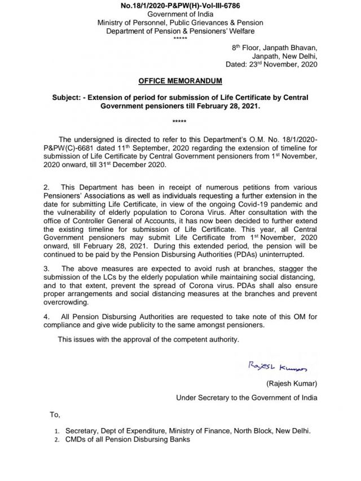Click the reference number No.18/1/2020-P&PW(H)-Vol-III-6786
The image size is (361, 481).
coord(180,6)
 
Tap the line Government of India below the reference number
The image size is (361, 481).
coord(180,14)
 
